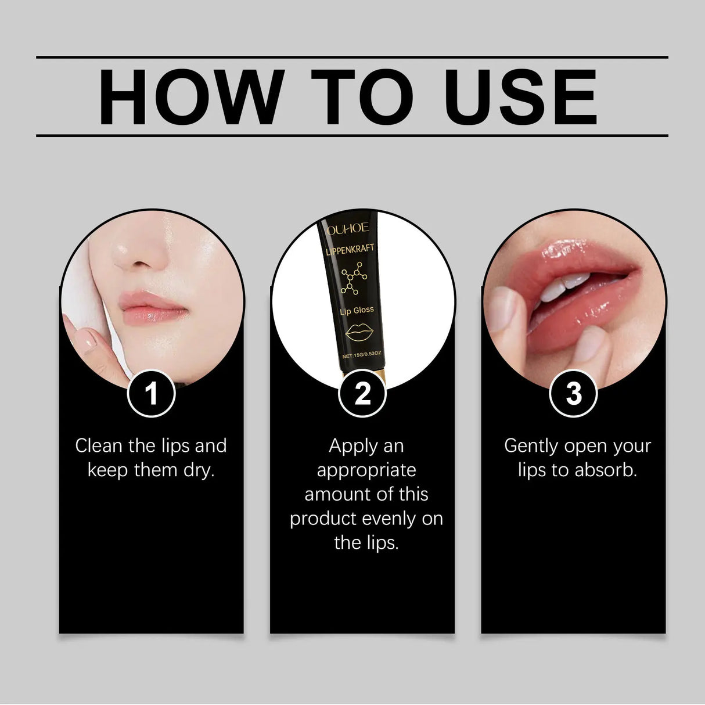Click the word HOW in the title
pos(192,97)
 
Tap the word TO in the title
pos(362,97)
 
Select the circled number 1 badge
pos(151,394)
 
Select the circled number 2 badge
pos(362,394)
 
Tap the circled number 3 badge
pos(573,394)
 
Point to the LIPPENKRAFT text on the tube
pos(350,249)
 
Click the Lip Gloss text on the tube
pos(357,311)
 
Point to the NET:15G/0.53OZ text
pos(362,355)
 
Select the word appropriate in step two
pos(366,470)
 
